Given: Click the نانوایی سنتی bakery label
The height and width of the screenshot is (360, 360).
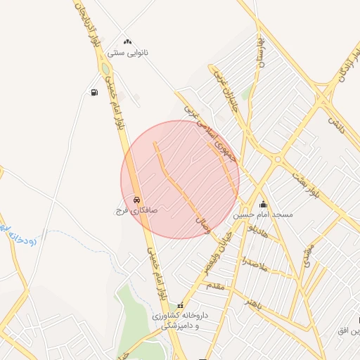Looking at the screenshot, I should (126, 53).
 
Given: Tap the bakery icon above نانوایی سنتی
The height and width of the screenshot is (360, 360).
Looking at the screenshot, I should (127, 42).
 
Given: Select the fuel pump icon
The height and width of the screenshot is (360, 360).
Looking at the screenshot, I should (94, 92).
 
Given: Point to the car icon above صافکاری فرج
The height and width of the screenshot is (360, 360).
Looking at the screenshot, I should (136, 199).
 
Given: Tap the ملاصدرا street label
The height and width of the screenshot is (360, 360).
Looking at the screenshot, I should (253, 264).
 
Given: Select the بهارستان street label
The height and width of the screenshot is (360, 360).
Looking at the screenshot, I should (261, 51).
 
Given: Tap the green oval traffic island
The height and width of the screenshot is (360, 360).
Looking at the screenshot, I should (106, 70).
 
